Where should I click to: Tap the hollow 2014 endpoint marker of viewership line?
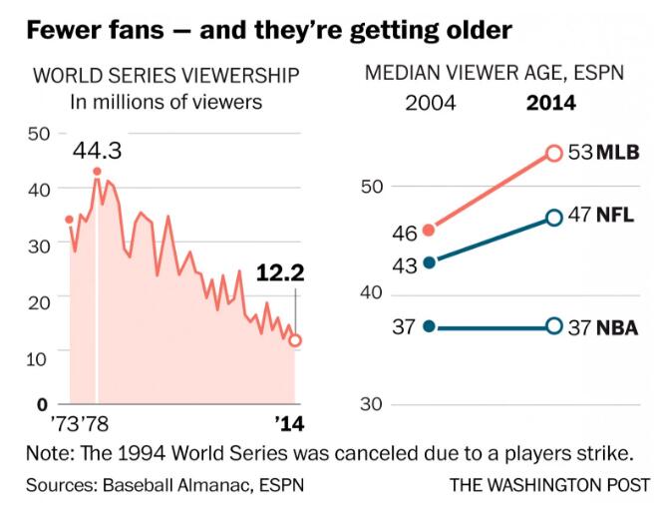(295, 340)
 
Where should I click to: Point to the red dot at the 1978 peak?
(97, 172)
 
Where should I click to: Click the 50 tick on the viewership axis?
(40, 134)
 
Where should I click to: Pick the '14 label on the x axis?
(288, 423)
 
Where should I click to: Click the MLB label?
(617, 153)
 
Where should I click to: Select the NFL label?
(616, 218)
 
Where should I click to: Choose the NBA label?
(617, 326)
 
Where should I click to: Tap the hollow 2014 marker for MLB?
(554, 153)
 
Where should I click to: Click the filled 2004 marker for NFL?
(430, 262)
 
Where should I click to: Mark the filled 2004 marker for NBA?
(430, 326)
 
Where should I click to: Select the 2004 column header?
(430, 102)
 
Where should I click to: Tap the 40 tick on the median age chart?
(370, 293)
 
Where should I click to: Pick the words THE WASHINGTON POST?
(549, 485)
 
